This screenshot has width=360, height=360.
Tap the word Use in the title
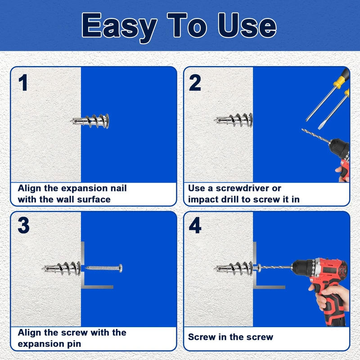247,25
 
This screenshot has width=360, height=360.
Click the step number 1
23,82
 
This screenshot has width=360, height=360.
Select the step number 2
195,82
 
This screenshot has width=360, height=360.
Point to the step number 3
24,225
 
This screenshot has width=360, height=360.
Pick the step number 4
195,225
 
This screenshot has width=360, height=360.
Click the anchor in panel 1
90,121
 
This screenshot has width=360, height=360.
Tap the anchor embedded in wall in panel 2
234,120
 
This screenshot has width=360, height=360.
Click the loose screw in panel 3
104,268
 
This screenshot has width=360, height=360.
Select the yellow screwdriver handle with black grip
342,78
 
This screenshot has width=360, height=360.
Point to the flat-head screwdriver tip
320,127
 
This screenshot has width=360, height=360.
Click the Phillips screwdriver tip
307,119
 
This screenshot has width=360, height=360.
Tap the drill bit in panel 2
316,136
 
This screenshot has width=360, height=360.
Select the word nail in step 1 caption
118,188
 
